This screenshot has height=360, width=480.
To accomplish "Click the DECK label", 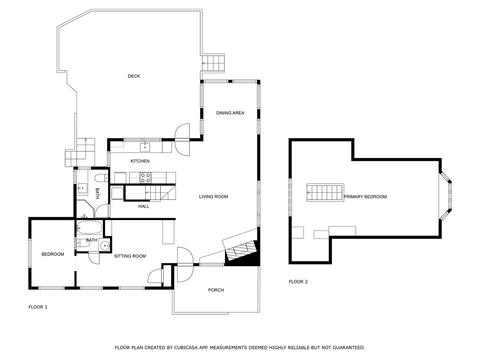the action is pos(134,76).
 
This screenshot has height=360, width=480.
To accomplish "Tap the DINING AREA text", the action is pos(230,113).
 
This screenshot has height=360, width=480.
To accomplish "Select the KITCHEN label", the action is pos(140,161).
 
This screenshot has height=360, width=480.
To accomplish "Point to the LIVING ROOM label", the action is pos(213,196).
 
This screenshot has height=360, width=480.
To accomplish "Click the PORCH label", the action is pos(216,290).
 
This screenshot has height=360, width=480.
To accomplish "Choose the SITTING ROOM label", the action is pos(130,256).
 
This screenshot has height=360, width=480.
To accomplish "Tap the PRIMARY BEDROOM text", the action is pos(365,196).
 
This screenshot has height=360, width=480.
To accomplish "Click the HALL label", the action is pos(143,206).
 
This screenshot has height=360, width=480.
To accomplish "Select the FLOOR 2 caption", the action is pos(298,282).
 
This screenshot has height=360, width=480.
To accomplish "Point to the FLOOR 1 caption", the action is pos(38,307).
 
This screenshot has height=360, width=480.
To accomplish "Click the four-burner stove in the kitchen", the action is pos(145,178).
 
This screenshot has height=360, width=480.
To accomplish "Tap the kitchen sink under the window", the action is pos(145,147).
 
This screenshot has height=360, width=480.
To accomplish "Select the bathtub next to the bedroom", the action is pos(89,228).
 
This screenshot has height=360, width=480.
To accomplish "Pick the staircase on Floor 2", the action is pos(325,193).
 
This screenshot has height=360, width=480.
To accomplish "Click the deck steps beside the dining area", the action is pos(213,63).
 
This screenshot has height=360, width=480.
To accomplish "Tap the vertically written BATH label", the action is pos(97,194).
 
